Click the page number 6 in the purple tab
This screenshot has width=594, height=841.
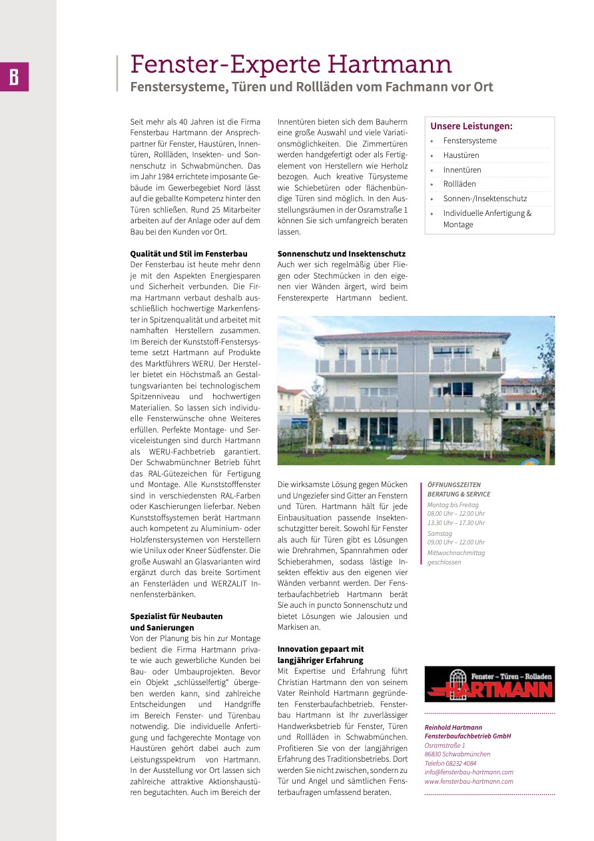[14, 77]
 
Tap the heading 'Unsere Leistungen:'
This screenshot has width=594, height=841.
[471, 126]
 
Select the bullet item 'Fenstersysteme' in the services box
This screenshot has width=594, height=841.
[469, 141]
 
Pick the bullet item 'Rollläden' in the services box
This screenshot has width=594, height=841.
[459, 184]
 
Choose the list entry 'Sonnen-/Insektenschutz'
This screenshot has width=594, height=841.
[485, 199]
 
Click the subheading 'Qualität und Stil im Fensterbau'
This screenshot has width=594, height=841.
[188, 254]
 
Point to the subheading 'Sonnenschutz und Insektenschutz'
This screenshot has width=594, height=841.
[341, 254]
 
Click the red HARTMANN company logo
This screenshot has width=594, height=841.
[489, 684]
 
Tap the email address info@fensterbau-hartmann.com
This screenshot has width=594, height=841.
[469, 772]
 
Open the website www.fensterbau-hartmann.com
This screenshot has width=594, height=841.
[469, 782]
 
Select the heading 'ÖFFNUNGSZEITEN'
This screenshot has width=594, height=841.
[453, 485]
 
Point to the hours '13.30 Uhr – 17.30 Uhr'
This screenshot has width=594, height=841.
[455, 523]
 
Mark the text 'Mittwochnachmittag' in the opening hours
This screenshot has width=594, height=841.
[455, 552]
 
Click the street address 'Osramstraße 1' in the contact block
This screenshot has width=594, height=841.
[445, 745]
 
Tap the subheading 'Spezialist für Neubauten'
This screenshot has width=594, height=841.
[176, 616]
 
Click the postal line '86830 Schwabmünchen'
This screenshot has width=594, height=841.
[457, 754]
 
